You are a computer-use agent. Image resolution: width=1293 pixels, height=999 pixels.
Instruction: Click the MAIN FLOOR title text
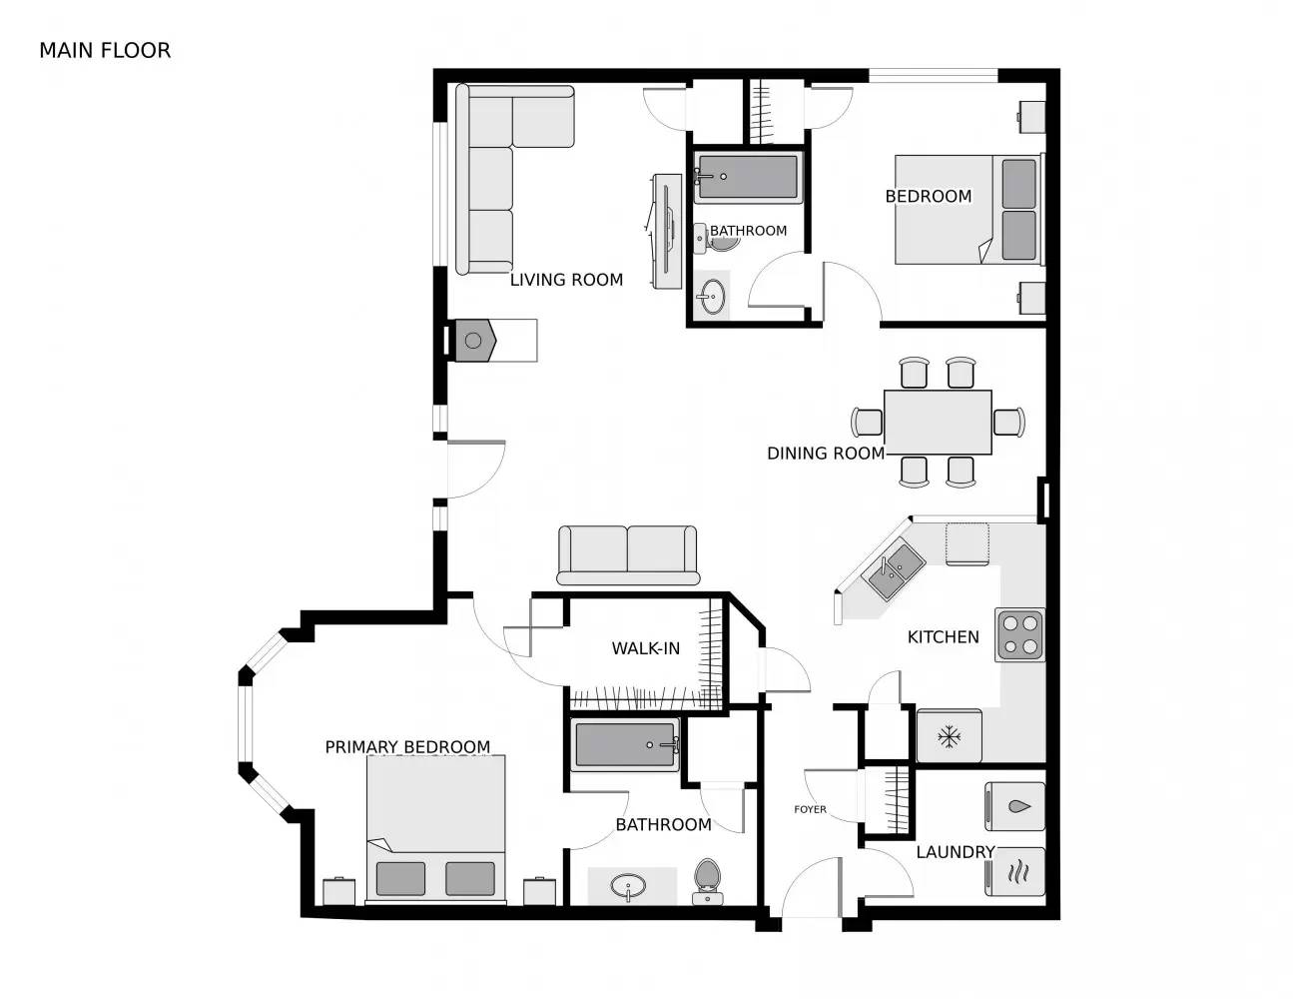point(105,50)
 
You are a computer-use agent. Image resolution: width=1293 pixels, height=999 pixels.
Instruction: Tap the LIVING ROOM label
point(566,280)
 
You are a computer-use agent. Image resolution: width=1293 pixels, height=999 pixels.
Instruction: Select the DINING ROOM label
point(825,453)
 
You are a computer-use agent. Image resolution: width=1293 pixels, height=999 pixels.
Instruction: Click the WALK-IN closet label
point(645,648)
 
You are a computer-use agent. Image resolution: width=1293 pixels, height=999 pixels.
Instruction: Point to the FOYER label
point(810,809)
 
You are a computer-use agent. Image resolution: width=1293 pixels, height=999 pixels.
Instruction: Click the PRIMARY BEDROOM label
point(407,746)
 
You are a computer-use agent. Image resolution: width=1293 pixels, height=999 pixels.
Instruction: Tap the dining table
point(938,422)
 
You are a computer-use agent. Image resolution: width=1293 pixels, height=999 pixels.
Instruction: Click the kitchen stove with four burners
point(1019,634)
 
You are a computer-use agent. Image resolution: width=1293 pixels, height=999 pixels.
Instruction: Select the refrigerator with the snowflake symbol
point(949,737)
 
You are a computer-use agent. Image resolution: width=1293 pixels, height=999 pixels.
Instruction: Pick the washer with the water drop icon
point(1014,806)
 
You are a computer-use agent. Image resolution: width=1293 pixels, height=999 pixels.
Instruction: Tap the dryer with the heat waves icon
point(1014,872)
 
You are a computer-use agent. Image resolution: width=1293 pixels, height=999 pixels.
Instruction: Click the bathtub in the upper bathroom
point(747,177)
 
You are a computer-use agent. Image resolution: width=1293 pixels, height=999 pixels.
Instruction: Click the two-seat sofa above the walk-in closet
point(628,554)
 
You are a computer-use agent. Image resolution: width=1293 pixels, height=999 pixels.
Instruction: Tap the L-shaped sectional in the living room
point(499,170)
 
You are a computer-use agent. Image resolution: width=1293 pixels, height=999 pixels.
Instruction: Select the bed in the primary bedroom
point(435,829)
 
